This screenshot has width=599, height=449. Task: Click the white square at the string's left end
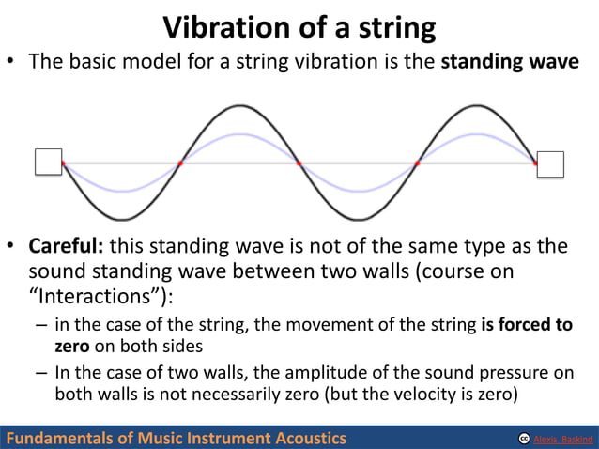coord(48,162)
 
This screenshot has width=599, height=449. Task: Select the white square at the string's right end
coord(550,163)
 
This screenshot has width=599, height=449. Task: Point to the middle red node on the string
coord(299,163)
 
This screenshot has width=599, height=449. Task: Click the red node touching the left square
coord(63,163)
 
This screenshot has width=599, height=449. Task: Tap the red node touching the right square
coord(535,163)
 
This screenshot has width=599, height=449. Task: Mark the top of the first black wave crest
coord(239,105)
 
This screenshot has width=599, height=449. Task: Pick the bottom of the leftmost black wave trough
coord(121,220)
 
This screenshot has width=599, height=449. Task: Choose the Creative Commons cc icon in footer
coord(523,439)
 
